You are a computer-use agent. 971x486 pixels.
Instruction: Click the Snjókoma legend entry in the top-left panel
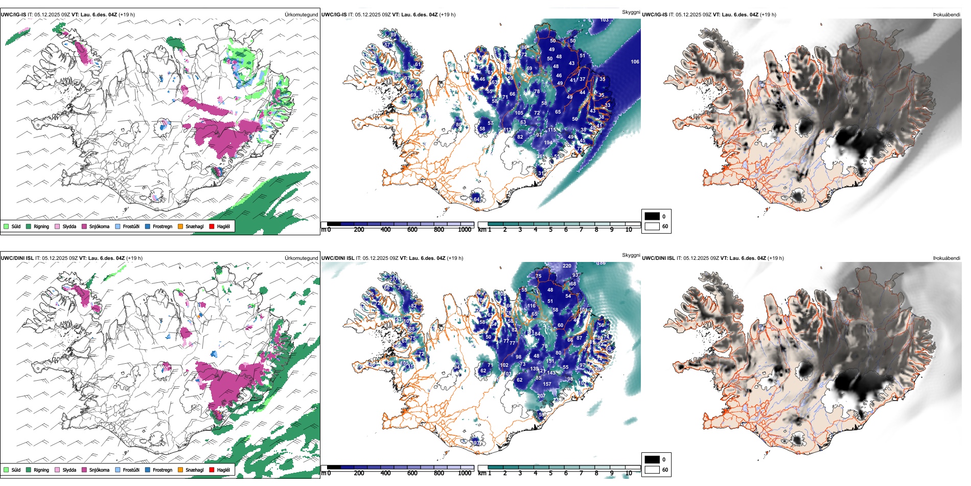tap(99, 226)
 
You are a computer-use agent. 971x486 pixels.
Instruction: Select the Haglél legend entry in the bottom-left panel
tap(223, 470)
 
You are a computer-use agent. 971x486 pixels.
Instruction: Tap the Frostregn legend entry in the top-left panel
tap(162, 226)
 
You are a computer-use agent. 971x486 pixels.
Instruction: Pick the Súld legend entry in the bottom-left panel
tap(16, 470)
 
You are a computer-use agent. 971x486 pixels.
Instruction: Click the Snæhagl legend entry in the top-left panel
tap(194, 226)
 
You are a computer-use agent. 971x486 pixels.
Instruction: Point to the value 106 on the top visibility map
tap(635, 62)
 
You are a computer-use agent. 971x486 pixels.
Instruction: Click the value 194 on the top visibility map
tap(548, 143)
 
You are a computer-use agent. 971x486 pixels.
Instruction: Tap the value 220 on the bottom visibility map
tap(567, 266)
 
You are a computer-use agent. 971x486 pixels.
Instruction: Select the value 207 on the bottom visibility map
tap(541, 396)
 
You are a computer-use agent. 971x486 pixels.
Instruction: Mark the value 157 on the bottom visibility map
tap(547, 384)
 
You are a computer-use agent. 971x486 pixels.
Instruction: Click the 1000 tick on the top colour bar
tap(465, 230)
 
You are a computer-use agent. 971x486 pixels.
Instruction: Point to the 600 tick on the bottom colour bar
tap(412, 473)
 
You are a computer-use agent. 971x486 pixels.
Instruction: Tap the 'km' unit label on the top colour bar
tap(482, 230)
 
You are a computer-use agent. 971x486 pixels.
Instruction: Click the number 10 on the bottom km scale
tap(629, 473)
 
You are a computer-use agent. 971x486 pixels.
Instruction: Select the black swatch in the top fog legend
tap(652, 216)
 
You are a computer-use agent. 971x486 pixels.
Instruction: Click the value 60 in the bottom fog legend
tap(665, 470)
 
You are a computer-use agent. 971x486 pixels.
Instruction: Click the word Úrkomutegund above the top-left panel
tap(301, 14)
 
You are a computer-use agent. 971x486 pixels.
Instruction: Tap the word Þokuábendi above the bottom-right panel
tap(946, 258)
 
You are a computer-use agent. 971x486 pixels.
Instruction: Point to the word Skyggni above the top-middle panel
tap(631, 12)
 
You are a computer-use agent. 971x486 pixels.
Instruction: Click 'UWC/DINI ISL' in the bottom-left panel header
tap(17, 258)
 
